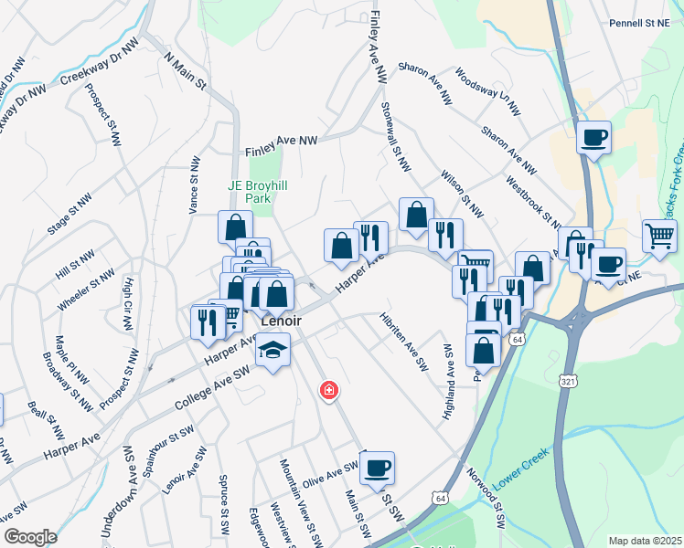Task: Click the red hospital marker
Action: click(x=328, y=391)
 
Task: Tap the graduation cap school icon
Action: click(x=272, y=350)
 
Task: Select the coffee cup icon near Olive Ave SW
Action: click(x=377, y=469)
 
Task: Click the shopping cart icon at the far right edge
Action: click(x=659, y=237)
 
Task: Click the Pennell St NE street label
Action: click(x=639, y=23)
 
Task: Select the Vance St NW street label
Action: click(x=194, y=184)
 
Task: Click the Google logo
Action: click(x=29, y=537)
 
